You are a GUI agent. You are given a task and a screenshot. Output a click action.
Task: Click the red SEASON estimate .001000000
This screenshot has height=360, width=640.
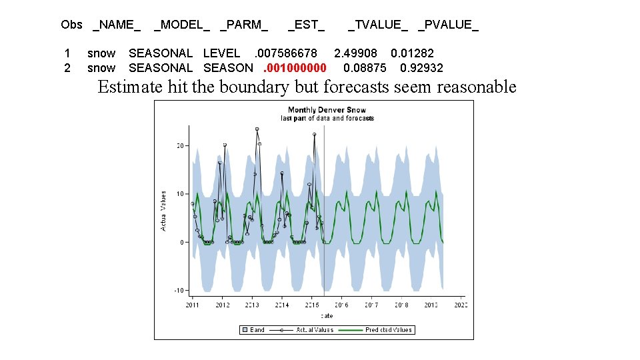(x=295, y=67)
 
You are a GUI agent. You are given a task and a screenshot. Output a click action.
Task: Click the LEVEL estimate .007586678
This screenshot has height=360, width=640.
(x=285, y=53)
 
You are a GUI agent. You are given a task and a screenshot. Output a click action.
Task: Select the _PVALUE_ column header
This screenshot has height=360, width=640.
(x=448, y=25)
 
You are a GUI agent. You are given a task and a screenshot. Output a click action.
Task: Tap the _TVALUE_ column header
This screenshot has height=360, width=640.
(x=378, y=25)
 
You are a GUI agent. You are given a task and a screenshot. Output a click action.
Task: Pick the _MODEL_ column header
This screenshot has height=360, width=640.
(x=181, y=25)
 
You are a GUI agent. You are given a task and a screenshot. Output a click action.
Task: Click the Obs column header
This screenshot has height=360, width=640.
(x=71, y=25)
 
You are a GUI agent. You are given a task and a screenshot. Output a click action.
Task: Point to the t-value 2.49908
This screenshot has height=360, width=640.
(x=355, y=53)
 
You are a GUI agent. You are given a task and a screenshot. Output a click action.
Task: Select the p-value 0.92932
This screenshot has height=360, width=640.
(x=421, y=67)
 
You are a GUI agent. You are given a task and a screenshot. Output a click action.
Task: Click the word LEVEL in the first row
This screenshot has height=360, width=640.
(x=221, y=53)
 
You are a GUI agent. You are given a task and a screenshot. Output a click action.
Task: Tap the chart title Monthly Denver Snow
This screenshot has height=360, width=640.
(x=327, y=110)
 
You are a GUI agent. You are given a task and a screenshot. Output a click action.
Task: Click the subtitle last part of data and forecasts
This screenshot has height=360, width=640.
(x=327, y=119)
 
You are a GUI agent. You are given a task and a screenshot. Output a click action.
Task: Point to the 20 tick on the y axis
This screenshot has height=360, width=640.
(x=180, y=145)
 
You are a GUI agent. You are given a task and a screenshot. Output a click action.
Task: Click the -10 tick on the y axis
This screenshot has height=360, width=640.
(x=179, y=291)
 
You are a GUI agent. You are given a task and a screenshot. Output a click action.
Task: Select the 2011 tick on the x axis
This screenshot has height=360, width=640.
(x=192, y=305)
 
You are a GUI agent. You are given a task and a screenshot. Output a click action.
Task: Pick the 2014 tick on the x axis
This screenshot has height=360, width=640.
(x=282, y=305)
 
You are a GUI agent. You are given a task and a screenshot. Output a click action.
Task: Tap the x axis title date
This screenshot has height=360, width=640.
(x=327, y=315)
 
